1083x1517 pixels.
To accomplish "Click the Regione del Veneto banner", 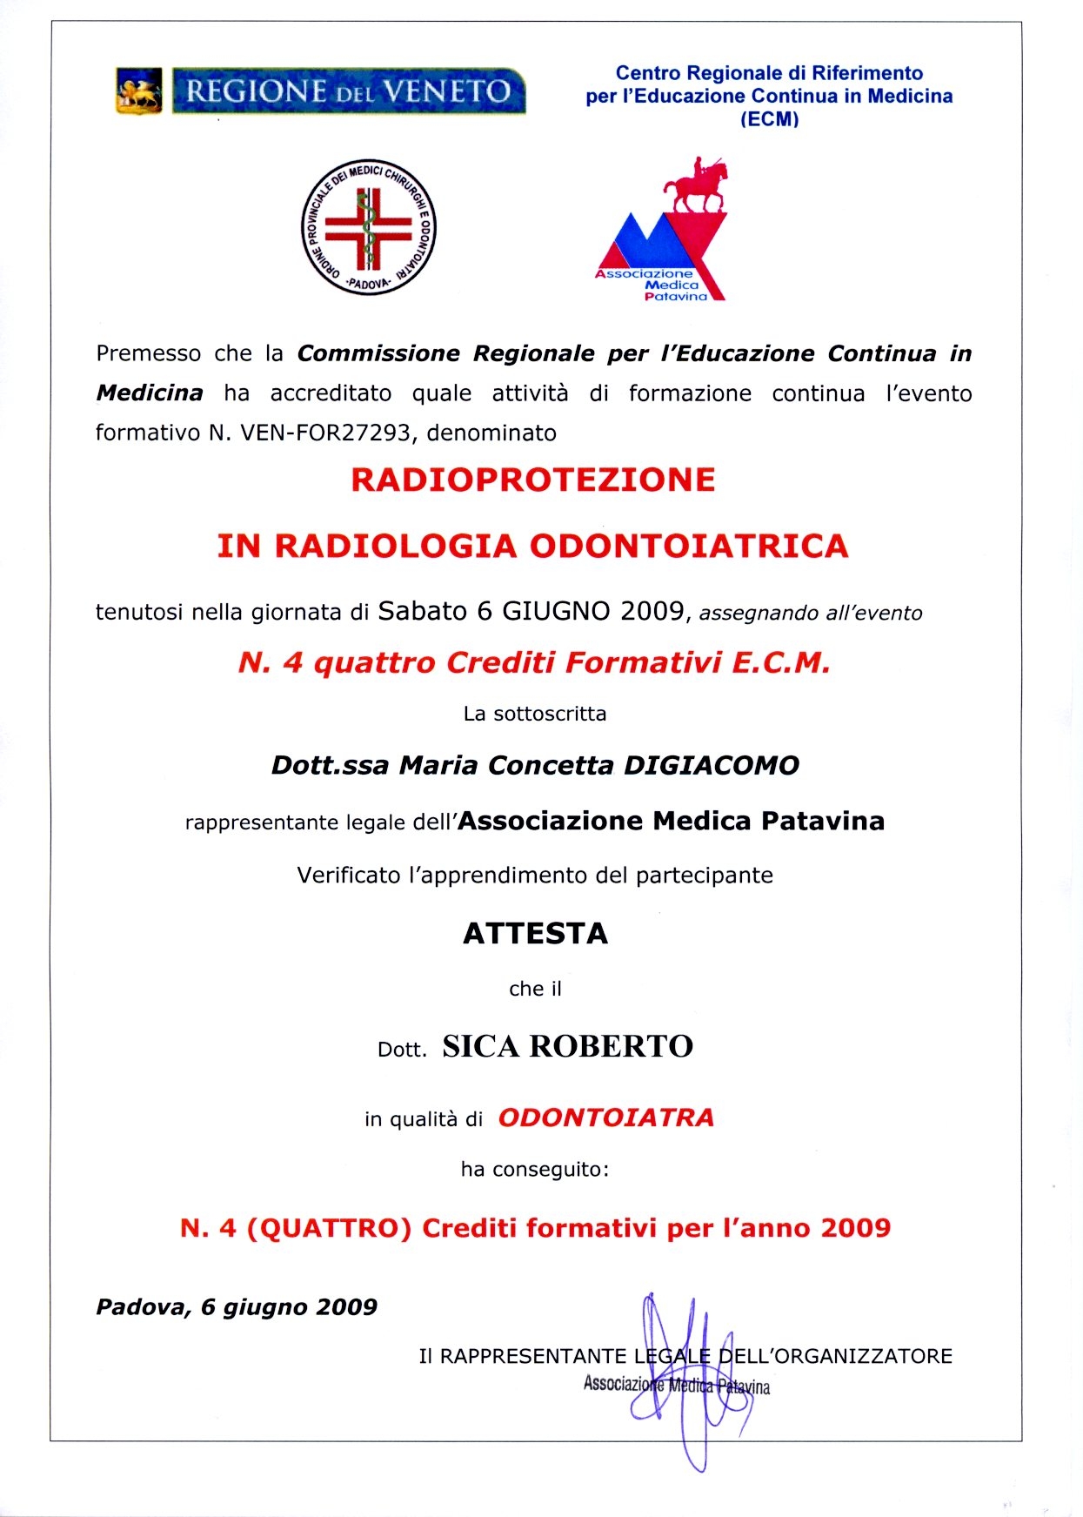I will pos(349,91).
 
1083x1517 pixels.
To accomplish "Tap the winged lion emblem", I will pos(139,91).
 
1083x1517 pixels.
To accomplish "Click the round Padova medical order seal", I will pos(369,227).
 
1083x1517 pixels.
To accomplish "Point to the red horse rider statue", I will pos(696,185).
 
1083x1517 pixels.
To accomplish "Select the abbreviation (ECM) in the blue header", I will pos(769,119).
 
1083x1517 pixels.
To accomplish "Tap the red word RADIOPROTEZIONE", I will pos(532,480).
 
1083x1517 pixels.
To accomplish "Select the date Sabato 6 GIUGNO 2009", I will pos(531,611).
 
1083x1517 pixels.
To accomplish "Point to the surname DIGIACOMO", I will pos(712,765).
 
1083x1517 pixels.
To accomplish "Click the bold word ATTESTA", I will pos(535,933).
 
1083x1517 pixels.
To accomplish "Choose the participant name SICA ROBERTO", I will pos(567,1046).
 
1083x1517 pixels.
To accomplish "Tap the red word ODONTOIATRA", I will pos(605,1118).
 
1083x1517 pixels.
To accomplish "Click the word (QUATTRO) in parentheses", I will pos(329,1228).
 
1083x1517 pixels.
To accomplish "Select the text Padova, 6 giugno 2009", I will pos(237,1307).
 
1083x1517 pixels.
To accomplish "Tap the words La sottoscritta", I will pos(535,714).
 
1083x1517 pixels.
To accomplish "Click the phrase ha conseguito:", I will pos(535,1169).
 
